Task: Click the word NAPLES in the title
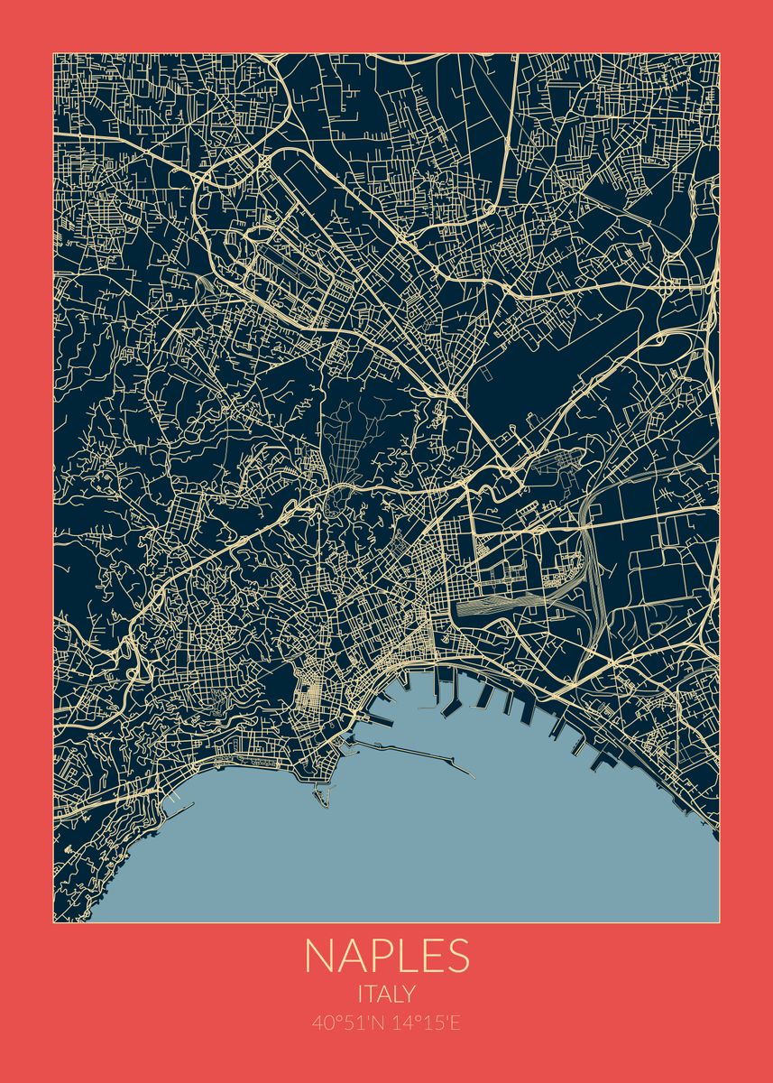[x=386, y=956]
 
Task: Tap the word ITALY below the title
[x=386, y=994]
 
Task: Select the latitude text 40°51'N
[x=346, y=1023]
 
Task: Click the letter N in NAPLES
[x=319, y=956]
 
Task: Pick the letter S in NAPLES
[x=456, y=956]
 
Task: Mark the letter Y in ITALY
[x=409, y=994]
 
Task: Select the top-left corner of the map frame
[x=54, y=53]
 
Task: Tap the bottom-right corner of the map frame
[x=719, y=922]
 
